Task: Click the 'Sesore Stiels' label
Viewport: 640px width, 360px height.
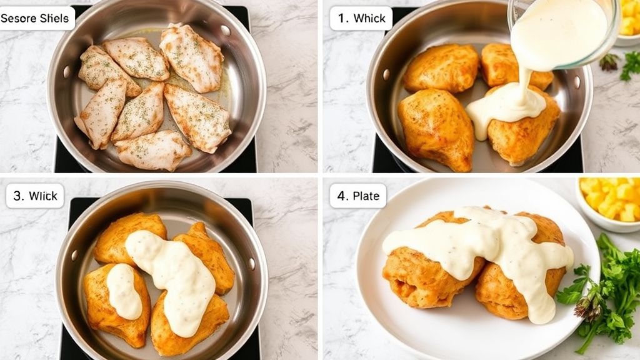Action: pos(37,18)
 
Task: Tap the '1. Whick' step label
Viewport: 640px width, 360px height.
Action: pos(361,18)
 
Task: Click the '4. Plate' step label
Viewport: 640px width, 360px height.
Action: pos(358,196)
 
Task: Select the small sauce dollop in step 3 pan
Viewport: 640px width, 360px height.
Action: pos(124,291)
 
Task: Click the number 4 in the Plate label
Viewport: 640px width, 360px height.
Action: pos(342,196)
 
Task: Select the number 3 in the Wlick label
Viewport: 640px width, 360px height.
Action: pos(19,196)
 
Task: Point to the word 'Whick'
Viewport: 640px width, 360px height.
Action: pos(369,18)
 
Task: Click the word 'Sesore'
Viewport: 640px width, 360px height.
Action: pos(19,18)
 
